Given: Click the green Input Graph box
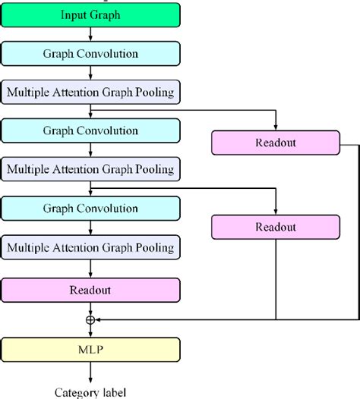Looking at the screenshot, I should click(x=91, y=14).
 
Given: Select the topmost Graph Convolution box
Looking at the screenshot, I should click(x=91, y=53).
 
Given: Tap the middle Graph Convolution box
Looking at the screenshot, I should click(x=91, y=130).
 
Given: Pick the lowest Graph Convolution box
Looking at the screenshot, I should click(x=91, y=209).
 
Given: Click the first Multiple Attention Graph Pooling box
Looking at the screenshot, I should click(x=91, y=93).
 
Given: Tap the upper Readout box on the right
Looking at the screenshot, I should click(x=276, y=142).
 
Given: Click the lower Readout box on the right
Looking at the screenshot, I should click(x=276, y=226).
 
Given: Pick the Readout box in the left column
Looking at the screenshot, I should click(x=91, y=289).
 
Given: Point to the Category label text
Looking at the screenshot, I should click(x=91, y=392).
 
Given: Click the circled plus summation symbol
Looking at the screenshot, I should click(x=91, y=320).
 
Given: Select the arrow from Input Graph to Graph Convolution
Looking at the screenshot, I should click(x=91, y=33).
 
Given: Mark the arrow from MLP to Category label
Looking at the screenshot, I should click(x=91, y=372).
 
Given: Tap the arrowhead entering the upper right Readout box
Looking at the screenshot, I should click(x=276, y=127).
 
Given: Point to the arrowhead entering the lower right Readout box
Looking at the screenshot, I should click(x=276, y=211).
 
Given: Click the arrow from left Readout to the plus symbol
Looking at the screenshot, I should click(x=91, y=307).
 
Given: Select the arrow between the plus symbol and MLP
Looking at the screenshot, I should click(x=91, y=331).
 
